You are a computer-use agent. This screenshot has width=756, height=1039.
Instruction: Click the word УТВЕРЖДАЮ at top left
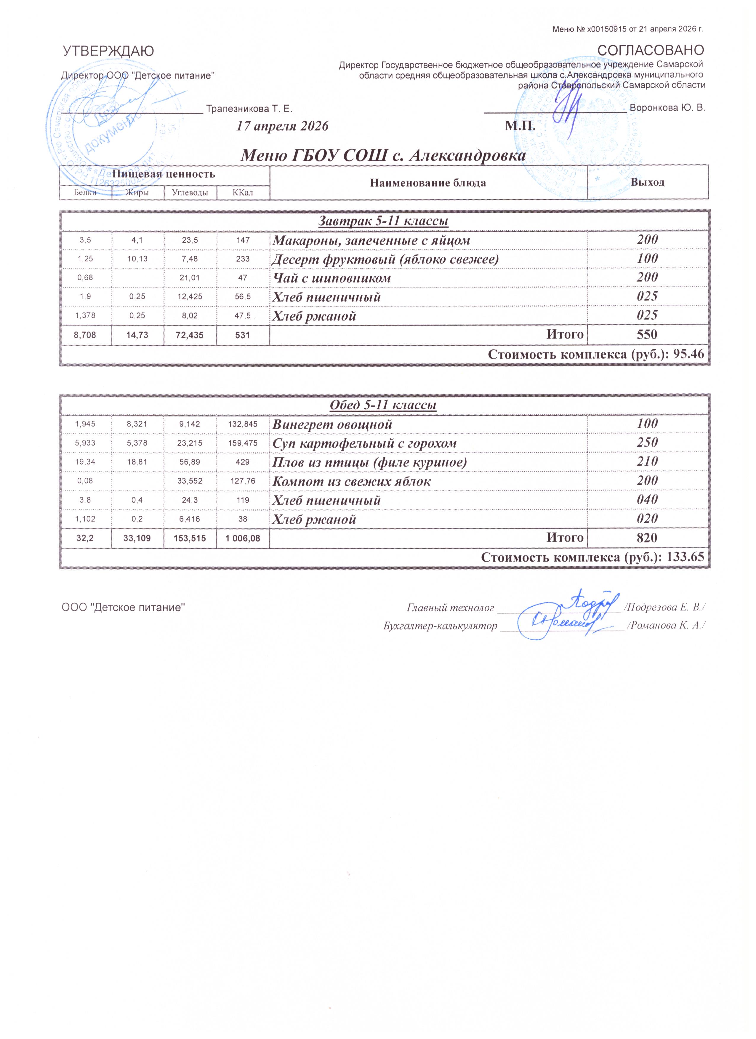tap(108, 51)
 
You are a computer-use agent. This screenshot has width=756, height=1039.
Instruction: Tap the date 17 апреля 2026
tap(282, 126)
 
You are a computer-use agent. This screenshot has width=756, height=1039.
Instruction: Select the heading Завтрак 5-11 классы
tap(383, 221)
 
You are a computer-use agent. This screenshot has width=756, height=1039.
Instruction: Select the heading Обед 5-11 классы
tap(383, 405)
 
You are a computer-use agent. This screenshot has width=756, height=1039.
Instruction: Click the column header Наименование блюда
tap(428, 183)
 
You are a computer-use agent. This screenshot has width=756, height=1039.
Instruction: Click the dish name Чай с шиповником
tap(332, 278)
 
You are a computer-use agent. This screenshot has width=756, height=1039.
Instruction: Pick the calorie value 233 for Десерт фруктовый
tap(243, 259)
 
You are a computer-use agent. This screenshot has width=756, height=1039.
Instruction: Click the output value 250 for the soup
tap(647, 443)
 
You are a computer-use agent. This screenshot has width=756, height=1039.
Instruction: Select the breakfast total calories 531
tap(243, 335)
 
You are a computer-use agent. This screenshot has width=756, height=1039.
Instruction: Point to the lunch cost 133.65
tap(685, 557)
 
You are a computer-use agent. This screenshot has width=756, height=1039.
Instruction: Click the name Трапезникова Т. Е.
tap(249, 109)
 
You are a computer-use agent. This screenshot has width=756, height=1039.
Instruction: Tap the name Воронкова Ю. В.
tap(667, 108)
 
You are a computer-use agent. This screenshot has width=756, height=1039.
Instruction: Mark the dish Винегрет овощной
tap(332, 424)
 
